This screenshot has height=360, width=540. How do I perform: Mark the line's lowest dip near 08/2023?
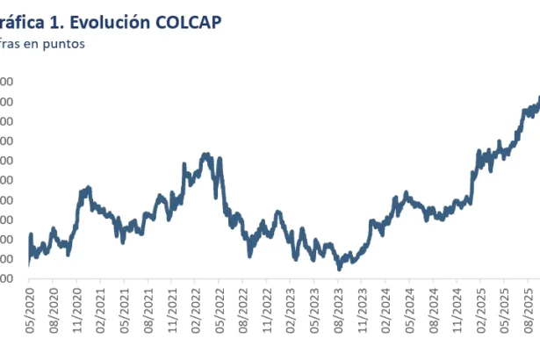339,267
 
